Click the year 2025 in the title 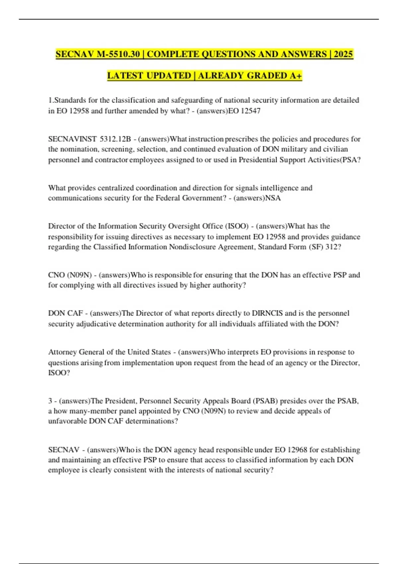[x=343, y=54]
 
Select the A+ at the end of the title [x=296, y=76]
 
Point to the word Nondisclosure [x=192, y=247]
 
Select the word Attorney [x=62, y=352]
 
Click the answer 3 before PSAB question [x=50, y=401]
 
